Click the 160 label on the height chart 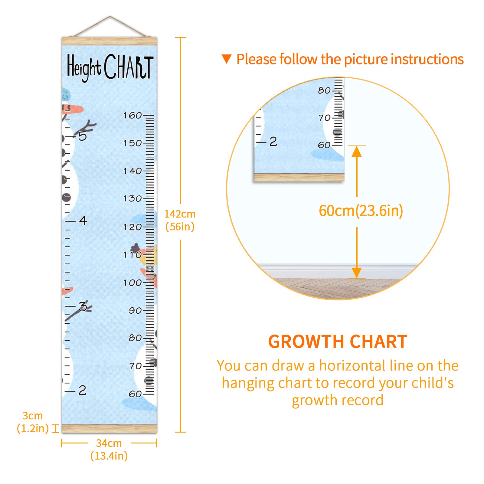point(132,115)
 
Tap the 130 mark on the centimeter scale point(132,198)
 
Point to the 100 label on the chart point(132,283)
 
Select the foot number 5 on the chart point(83,136)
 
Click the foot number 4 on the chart point(83,221)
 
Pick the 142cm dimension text point(180,214)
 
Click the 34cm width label point(109,443)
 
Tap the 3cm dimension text point(33,416)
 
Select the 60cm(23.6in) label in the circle point(361,211)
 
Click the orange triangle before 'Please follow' point(227,59)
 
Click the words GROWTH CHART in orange point(338,342)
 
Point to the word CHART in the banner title point(129,67)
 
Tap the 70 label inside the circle point(324,118)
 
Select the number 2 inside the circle point(273,142)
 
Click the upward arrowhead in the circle point(357,151)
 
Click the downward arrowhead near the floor point(357,273)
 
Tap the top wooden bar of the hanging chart point(109,41)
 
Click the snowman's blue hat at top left point(65,94)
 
